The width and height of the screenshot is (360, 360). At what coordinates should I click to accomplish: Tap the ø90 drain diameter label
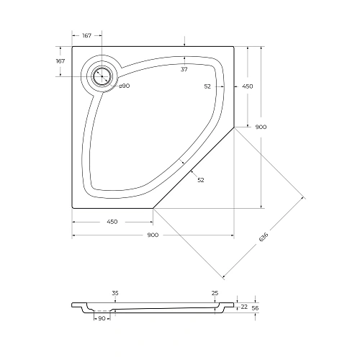124,86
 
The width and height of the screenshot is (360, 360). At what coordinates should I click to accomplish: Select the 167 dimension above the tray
87,35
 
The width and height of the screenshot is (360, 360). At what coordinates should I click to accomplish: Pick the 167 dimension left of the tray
60,61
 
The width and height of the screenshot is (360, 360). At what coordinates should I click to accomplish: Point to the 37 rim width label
184,69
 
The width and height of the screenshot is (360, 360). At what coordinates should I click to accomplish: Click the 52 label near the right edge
207,86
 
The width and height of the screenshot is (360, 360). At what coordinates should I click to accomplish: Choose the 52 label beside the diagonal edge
201,179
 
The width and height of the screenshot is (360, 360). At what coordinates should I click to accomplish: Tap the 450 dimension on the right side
248,86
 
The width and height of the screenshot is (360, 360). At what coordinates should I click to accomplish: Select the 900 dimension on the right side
261,127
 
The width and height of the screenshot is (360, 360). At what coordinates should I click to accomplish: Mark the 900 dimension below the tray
153,235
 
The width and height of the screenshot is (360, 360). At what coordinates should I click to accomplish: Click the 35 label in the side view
115,293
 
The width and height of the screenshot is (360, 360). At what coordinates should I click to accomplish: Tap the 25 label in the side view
215,293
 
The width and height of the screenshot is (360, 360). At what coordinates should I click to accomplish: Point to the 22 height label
245,307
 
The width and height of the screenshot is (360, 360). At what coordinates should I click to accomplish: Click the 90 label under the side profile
102,318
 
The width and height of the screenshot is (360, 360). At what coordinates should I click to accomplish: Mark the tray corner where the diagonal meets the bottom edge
153,207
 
